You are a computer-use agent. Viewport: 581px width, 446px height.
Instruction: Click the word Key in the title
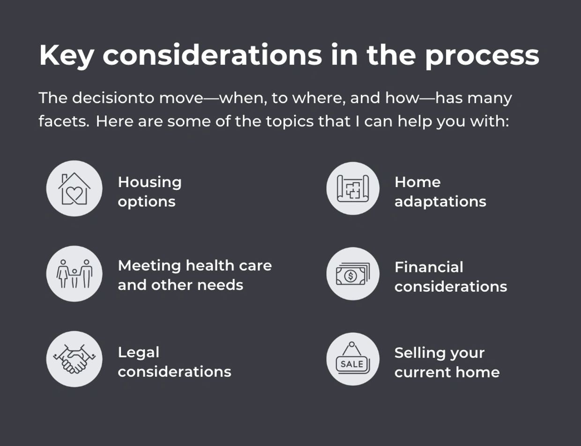66,56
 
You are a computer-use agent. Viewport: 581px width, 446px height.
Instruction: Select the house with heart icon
74,189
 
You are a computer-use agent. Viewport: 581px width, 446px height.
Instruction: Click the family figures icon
74,274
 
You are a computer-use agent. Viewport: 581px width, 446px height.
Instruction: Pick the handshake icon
74,359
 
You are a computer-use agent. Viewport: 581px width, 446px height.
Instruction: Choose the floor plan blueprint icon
352,189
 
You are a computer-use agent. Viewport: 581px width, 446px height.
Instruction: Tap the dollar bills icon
352,274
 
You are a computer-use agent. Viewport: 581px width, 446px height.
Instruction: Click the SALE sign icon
352,359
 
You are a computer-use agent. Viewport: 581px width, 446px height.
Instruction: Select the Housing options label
149,191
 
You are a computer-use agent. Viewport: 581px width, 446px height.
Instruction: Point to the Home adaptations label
440,191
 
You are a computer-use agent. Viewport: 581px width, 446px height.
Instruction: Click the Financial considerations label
450,277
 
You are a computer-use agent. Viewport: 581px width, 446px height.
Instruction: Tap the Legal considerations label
174,362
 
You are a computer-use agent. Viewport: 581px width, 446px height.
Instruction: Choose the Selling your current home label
447,362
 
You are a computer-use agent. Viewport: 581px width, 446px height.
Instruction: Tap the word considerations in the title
212,56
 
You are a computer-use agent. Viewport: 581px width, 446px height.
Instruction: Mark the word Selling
420,353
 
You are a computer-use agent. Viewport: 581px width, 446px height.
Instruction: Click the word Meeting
149,265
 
